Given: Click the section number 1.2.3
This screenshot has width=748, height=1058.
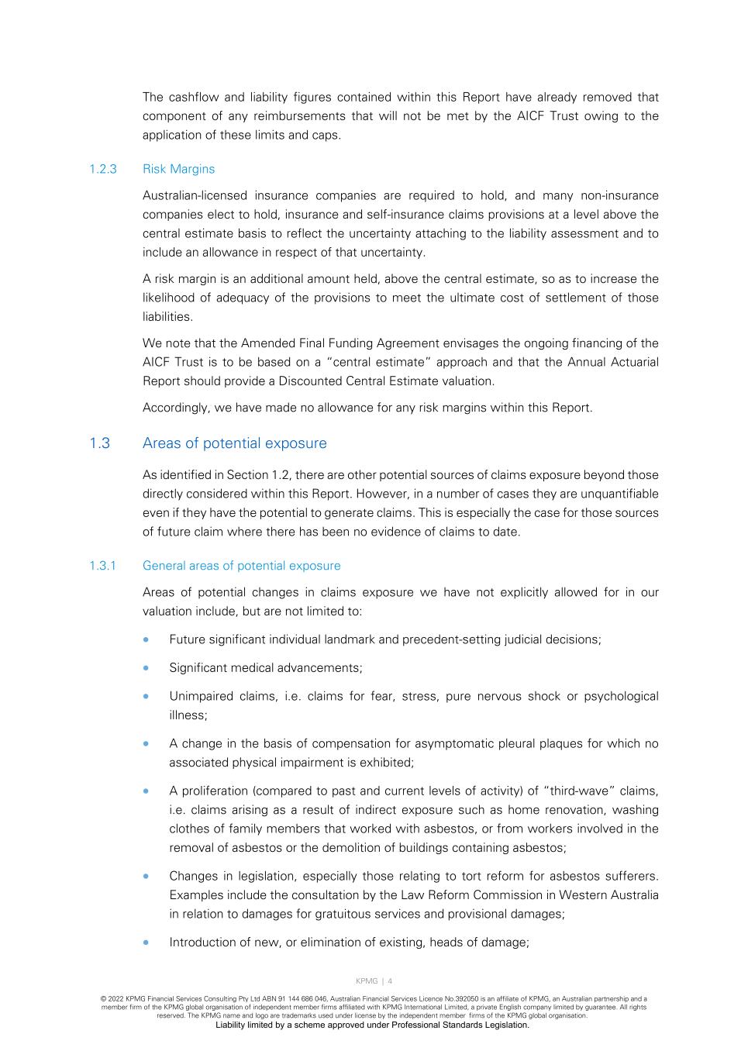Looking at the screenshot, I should coord(102,169).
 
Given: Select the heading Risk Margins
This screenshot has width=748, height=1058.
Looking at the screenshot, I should coord(178,169).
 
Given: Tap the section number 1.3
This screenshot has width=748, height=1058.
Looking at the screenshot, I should coord(99,443).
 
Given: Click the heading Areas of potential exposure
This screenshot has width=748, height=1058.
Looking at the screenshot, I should coord(234,443).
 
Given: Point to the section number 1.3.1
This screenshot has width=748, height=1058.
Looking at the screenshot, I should coord(102,566).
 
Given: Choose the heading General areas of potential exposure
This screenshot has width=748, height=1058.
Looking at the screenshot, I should coord(241,566).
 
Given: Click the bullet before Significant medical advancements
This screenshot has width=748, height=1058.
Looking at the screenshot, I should coord(146,667).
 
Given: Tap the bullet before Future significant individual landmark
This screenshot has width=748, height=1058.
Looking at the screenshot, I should coord(146,639).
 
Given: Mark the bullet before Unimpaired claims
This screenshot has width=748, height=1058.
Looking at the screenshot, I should coord(146,696).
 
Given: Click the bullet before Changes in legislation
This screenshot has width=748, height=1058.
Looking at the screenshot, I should coord(146,876).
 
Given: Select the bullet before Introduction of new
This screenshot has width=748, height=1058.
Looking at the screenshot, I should coord(146,943).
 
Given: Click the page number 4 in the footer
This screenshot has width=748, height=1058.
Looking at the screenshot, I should coord(390,981).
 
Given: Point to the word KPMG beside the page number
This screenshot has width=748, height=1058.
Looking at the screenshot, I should coord(367,981).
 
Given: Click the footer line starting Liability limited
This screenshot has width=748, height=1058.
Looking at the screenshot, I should coord(372,1025).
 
